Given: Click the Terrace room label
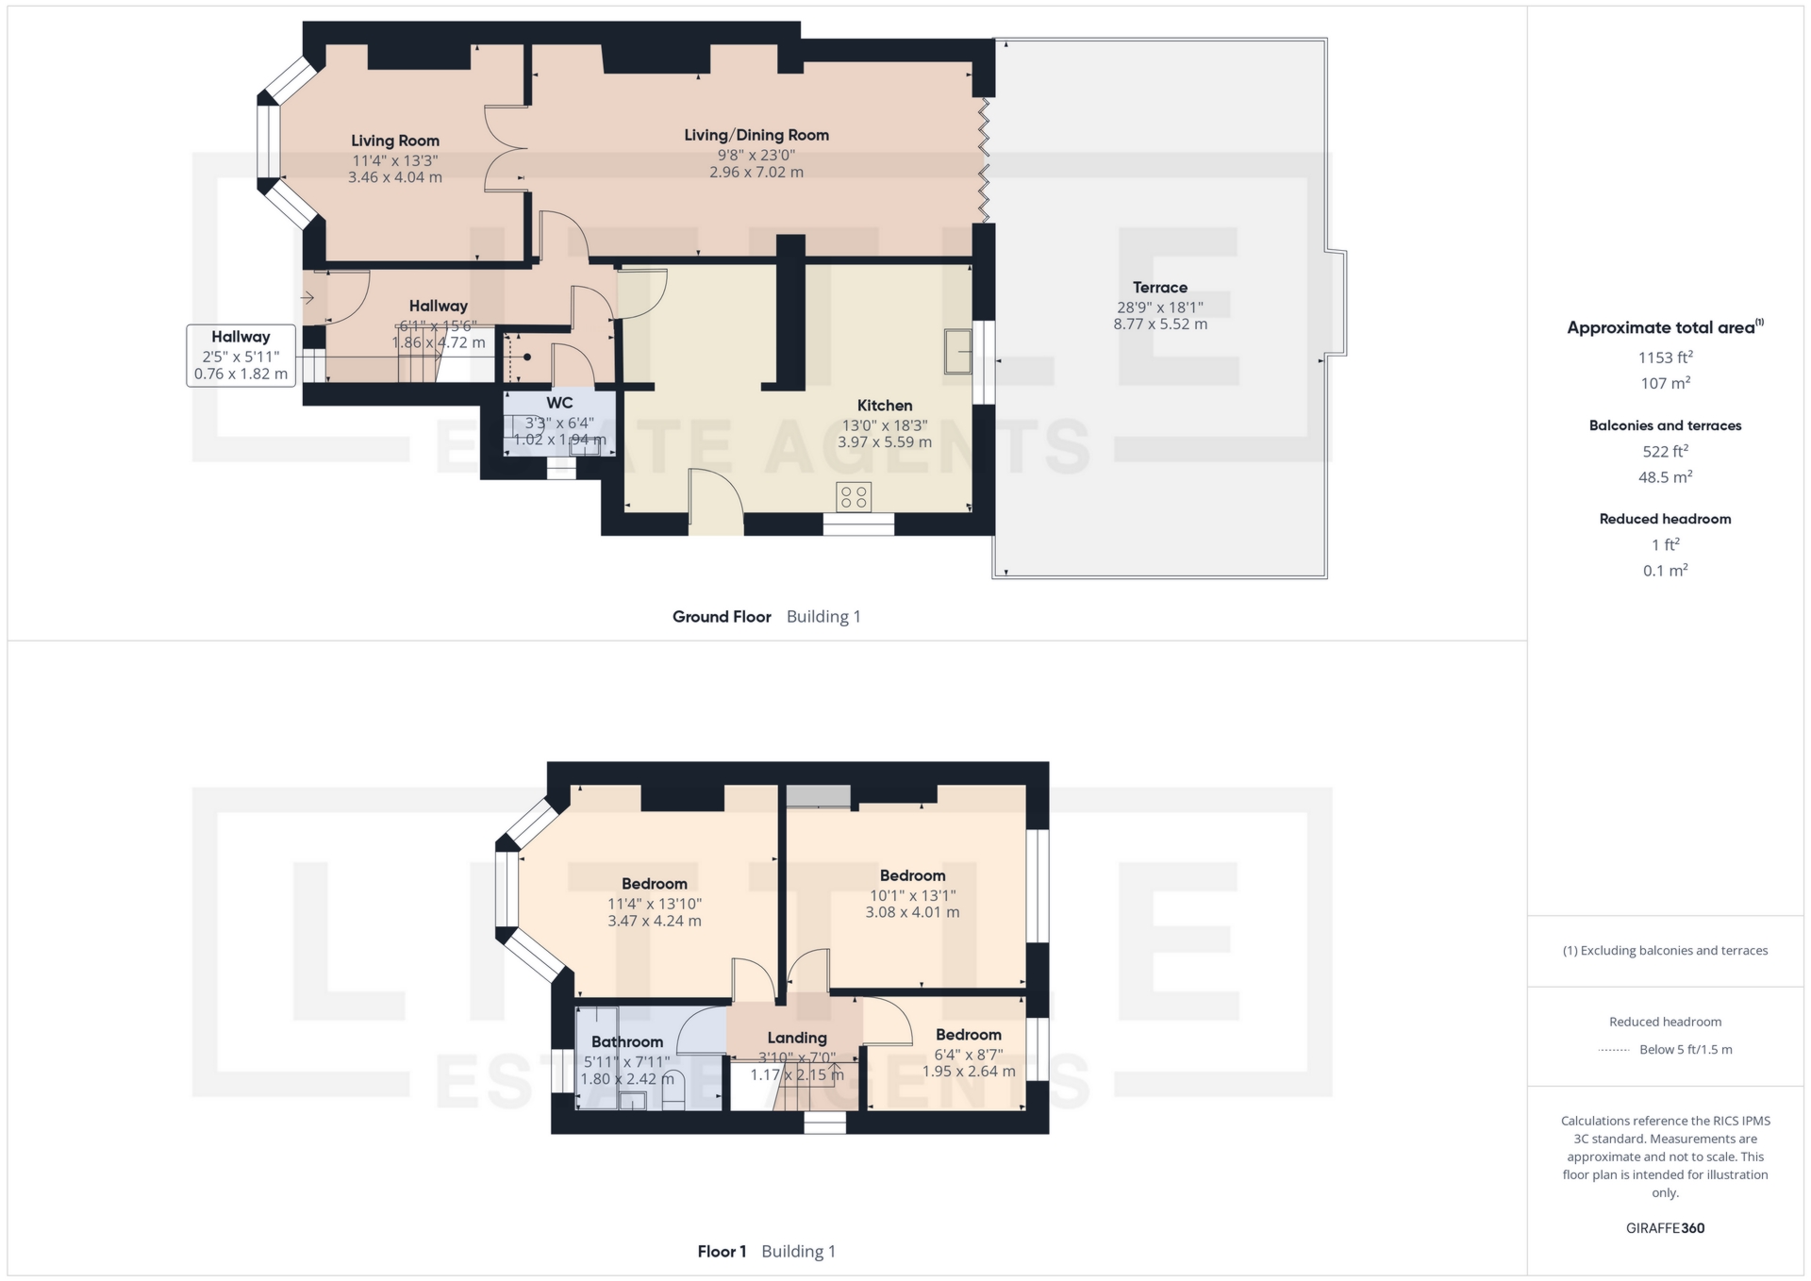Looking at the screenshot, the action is pyautogui.click(x=1159, y=288).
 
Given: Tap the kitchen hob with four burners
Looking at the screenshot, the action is pyautogui.click(x=854, y=497).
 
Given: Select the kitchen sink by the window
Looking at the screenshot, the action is pyautogui.click(x=958, y=351).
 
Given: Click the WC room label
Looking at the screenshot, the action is pyautogui.click(x=559, y=403).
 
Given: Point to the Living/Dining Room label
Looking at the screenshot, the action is pyautogui.click(x=756, y=135).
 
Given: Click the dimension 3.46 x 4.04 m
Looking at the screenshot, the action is pyautogui.click(x=395, y=177).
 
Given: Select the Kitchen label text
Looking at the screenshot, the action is pyautogui.click(x=885, y=406).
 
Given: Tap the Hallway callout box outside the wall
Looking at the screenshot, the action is pyautogui.click(x=241, y=355).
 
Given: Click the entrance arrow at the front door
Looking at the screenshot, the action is pyautogui.click(x=307, y=298).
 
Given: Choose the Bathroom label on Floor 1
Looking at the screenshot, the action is pyautogui.click(x=627, y=1041).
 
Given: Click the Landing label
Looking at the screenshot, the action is pyautogui.click(x=797, y=1038).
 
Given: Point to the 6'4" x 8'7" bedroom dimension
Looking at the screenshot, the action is pyautogui.click(x=969, y=1055).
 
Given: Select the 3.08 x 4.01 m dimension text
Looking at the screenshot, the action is pyautogui.click(x=912, y=912).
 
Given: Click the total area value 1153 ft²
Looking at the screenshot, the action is pyautogui.click(x=1665, y=358).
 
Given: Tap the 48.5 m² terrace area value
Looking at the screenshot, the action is pyautogui.click(x=1665, y=477).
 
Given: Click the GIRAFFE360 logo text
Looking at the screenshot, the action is pyautogui.click(x=1665, y=1228).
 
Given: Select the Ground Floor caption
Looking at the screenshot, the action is pyautogui.click(x=722, y=617).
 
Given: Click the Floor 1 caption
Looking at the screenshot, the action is pyautogui.click(x=722, y=1252).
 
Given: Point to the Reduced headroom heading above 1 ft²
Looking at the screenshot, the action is pyautogui.click(x=1665, y=519).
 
